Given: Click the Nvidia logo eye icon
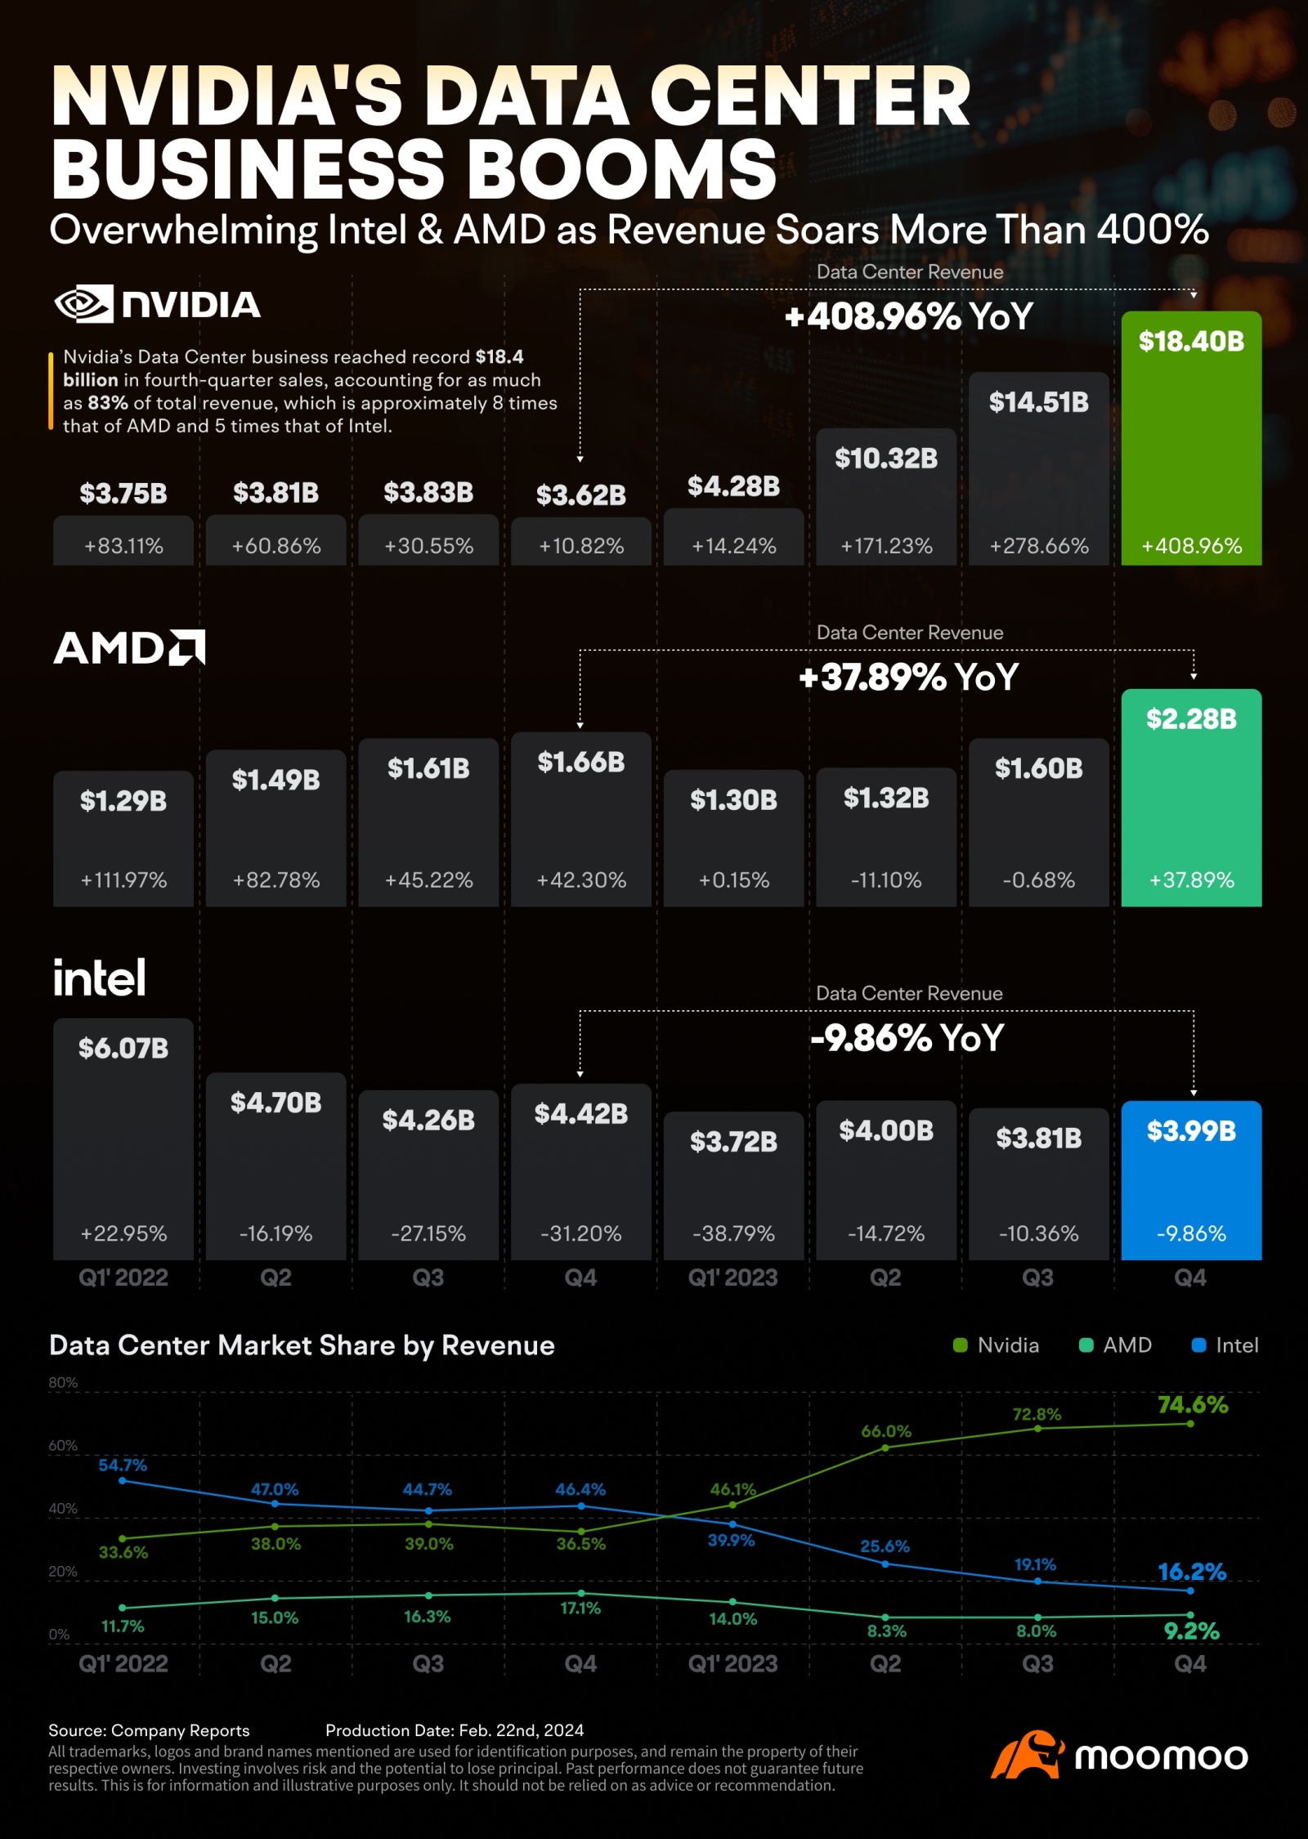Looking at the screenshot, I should pos(83,304).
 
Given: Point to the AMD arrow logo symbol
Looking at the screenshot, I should pos(187,647).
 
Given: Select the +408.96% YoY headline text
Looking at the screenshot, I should pos(908,316).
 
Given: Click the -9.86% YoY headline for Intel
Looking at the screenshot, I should pos(907,1038).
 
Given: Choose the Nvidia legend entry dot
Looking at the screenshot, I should pos(961,1345).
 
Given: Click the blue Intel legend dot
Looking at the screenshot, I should pos(1199,1345).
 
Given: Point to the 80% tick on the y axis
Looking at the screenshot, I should pos(63,1382).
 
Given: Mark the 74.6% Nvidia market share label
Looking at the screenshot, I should pos(1193,1404).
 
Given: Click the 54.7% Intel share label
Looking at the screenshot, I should pos(123,1465).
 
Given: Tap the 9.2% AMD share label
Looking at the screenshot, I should pos(1191,1631).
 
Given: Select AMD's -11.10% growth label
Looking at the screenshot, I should pos(886,879).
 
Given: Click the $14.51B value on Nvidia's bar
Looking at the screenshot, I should pos(1038,401).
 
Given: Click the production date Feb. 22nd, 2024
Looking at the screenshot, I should pos(521,1730).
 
